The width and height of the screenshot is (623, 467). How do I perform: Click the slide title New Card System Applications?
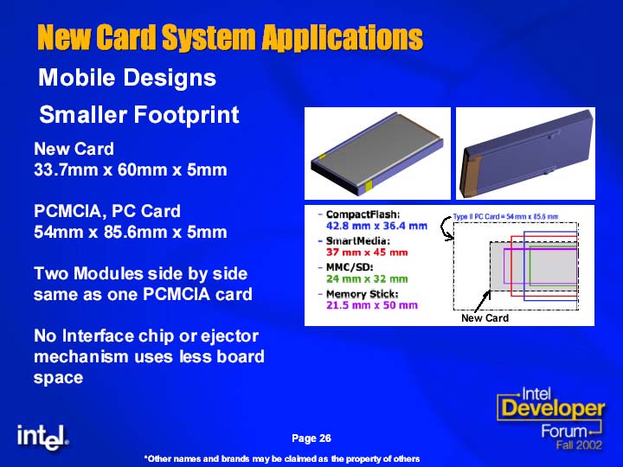click(x=230, y=37)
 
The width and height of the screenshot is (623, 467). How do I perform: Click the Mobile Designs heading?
click(x=127, y=77)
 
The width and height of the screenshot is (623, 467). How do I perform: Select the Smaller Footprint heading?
click(x=139, y=115)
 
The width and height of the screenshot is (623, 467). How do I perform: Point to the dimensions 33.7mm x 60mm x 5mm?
click(x=131, y=170)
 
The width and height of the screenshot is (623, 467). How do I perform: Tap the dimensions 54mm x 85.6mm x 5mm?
click(x=131, y=232)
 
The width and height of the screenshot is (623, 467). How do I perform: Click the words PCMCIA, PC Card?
click(x=107, y=212)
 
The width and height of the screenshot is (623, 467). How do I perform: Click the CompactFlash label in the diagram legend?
click(x=363, y=214)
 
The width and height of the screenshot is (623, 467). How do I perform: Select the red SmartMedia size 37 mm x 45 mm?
click(x=367, y=253)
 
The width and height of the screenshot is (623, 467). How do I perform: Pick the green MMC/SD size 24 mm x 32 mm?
click(x=367, y=278)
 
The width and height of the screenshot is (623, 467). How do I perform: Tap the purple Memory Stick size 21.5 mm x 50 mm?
click(x=372, y=305)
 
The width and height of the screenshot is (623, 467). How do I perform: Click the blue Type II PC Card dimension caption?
click(x=505, y=217)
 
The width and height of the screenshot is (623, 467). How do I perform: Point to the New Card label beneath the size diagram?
click(x=485, y=318)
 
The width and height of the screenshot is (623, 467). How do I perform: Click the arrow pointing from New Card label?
click(x=482, y=302)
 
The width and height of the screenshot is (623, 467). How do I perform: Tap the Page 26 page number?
click(x=311, y=438)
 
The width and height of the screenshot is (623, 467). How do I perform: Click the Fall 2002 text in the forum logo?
click(x=579, y=445)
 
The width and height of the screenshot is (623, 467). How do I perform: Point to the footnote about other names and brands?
click(x=282, y=459)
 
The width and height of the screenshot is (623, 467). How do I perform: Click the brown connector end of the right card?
click(x=470, y=175)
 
